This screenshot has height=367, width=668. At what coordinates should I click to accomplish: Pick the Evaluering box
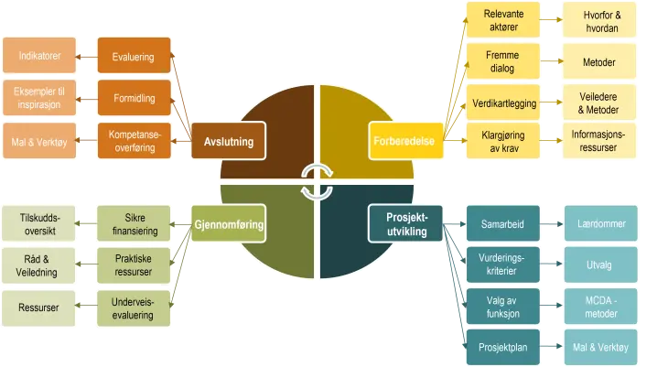(134, 57)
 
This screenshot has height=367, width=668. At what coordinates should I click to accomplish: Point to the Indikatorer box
(39, 57)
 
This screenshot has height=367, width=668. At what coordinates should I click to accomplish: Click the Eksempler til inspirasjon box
(39, 98)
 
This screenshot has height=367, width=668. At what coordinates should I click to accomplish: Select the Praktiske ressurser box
(134, 266)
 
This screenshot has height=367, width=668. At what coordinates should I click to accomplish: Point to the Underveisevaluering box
(134, 308)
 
